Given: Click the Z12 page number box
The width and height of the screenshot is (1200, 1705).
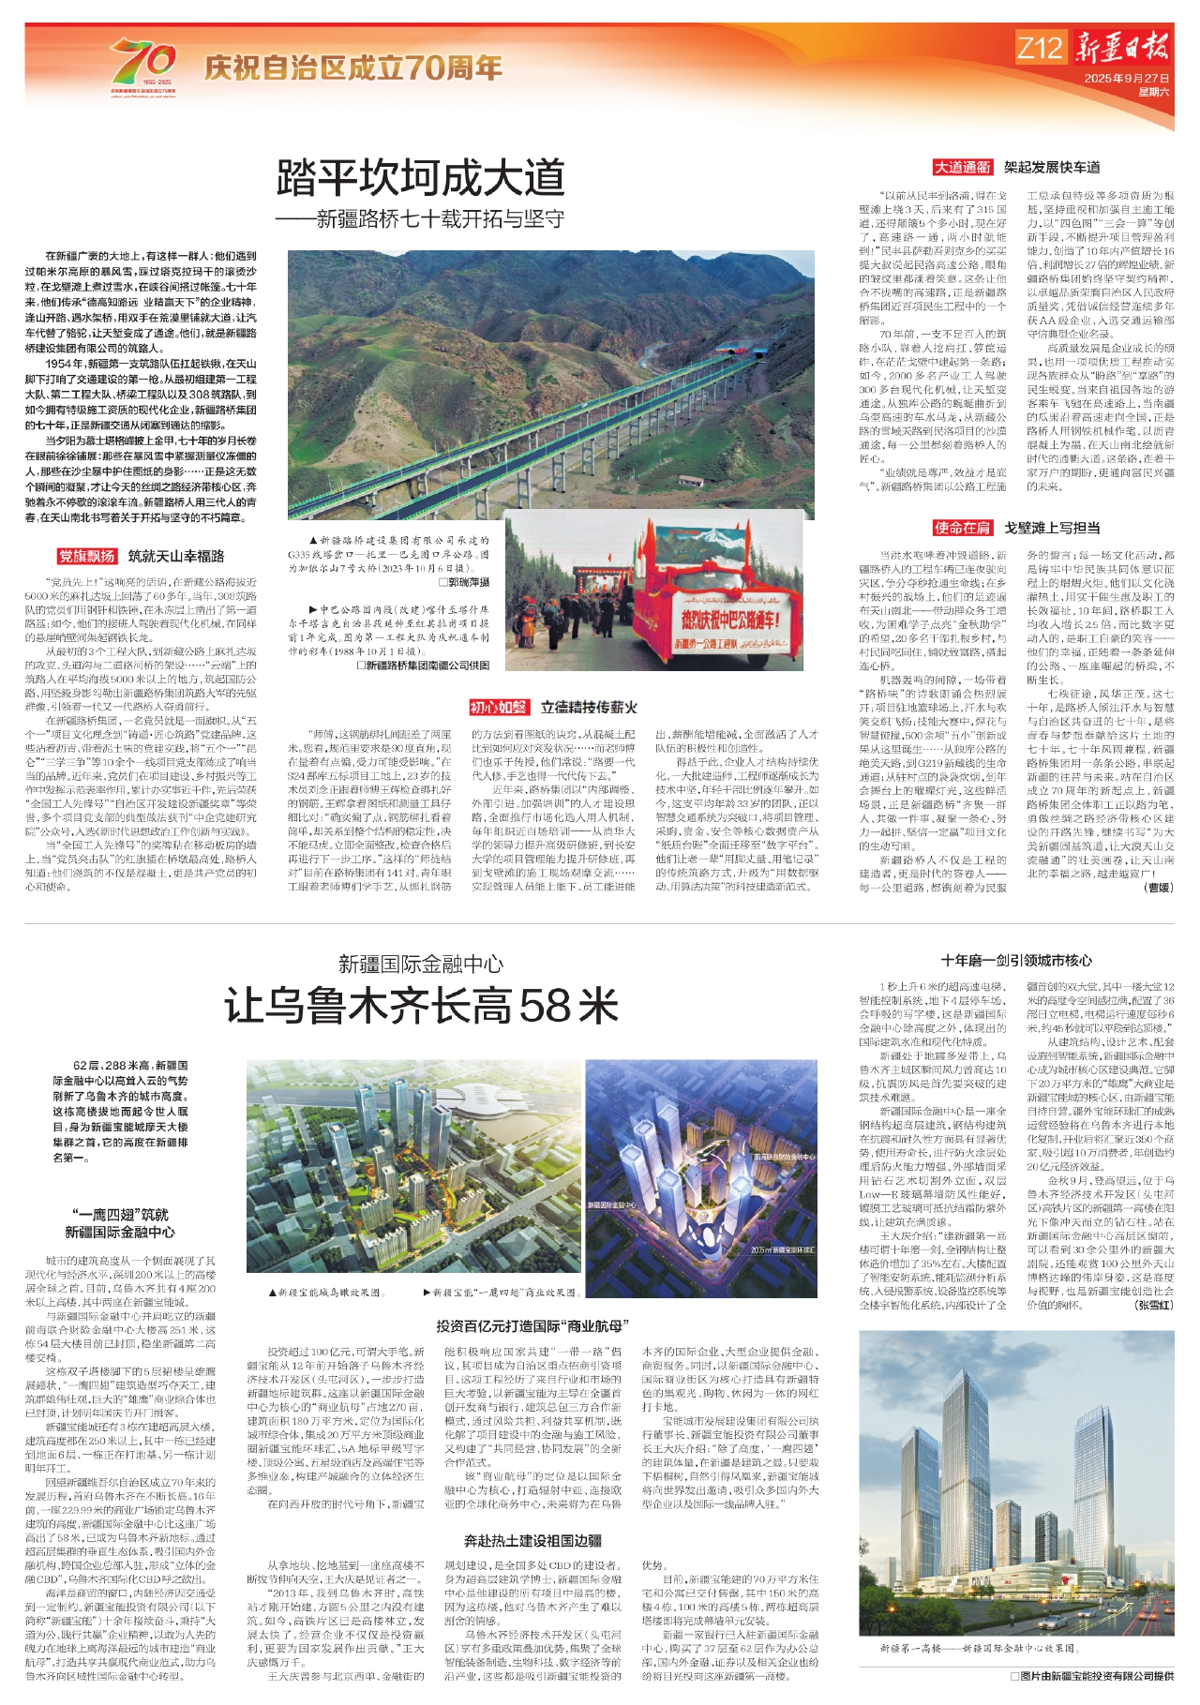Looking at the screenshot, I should tap(1040, 48).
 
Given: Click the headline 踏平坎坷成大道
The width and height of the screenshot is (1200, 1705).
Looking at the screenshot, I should tap(420, 178).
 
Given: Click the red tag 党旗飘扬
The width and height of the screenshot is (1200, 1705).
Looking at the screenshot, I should tap(86, 556).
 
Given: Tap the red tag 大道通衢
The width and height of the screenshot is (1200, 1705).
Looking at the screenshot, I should tap(962, 167).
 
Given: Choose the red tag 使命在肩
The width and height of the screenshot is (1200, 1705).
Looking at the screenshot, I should tap(962, 528).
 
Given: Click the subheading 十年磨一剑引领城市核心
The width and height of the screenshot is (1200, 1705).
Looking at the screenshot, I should tap(1016, 960).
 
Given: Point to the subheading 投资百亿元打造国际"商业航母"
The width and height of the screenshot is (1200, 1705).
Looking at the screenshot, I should tap(532, 1325).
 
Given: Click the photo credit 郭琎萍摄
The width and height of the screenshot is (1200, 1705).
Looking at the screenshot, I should tap(463, 582).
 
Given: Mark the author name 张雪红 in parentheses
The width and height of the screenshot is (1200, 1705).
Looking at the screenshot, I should tap(1152, 1304).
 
